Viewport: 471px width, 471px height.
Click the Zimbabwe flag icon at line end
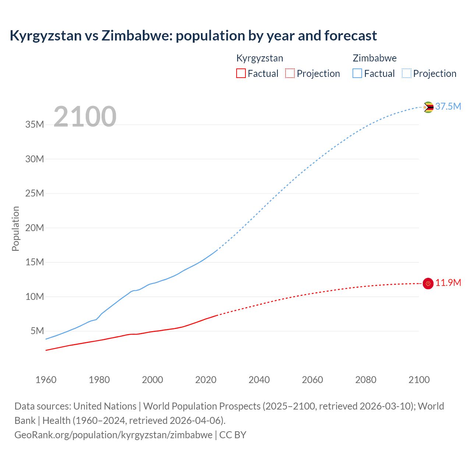(x=428, y=107)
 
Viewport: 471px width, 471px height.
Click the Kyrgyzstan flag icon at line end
(x=428, y=283)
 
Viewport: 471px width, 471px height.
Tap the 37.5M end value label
(x=448, y=106)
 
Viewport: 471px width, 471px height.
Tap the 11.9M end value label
(x=448, y=283)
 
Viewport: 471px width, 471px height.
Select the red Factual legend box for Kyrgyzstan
(x=241, y=73)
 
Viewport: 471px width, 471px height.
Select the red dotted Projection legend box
(x=290, y=73)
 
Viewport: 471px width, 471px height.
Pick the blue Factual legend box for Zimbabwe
(x=357, y=73)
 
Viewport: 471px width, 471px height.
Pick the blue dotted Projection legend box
(x=406, y=73)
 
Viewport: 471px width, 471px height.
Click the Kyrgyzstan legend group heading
(x=259, y=58)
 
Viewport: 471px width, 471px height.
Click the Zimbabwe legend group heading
(x=375, y=58)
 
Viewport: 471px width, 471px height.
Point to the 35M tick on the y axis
(x=35, y=125)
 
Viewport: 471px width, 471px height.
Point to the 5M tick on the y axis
(x=37, y=331)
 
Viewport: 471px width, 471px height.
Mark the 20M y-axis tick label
(x=35, y=228)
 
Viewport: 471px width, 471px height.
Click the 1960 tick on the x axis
(x=46, y=380)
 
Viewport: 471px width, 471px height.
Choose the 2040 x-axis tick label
(x=259, y=380)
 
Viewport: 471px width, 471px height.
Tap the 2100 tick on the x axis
(x=419, y=380)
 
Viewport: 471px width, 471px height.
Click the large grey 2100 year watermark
(x=85, y=117)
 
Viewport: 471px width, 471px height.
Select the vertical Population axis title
(x=15, y=229)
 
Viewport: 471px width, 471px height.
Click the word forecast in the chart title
(x=350, y=36)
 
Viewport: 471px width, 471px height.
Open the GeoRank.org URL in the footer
(x=113, y=435)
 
